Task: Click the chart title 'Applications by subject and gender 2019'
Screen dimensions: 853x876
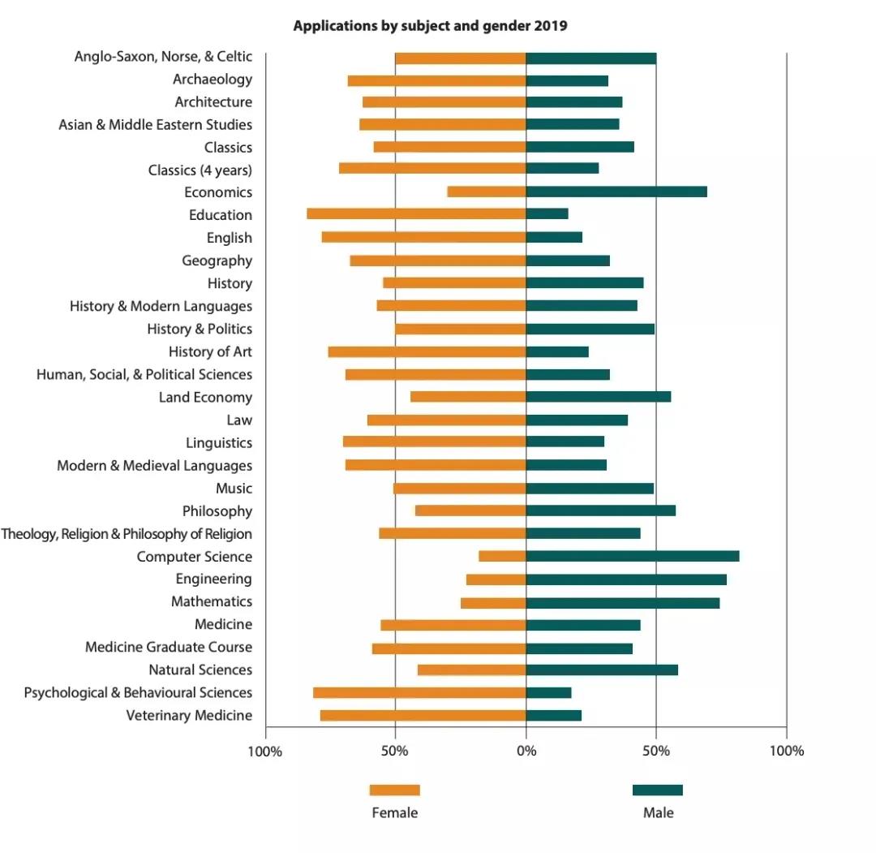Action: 430,26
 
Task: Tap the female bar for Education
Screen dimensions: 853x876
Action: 416,214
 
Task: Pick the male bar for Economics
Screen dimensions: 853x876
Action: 616,192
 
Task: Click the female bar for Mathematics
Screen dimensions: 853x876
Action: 493,602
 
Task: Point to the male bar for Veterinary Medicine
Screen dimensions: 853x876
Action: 554,715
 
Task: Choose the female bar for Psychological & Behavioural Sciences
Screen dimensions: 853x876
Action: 419,692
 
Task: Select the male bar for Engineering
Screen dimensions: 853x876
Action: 626,579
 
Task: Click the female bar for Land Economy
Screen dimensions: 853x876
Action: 468,397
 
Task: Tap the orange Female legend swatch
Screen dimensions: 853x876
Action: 395,791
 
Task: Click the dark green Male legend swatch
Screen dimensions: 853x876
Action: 658,791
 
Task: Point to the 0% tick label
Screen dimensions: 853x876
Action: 526,751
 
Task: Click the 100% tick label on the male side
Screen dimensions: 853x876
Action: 786,751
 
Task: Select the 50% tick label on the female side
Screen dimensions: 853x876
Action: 395,751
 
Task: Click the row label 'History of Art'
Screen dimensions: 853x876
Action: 210,351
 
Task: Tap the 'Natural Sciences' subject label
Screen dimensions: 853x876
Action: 200,670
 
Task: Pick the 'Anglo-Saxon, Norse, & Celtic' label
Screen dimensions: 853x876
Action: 163,57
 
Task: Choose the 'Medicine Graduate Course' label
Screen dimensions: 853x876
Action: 169,647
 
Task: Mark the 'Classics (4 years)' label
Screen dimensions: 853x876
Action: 200,170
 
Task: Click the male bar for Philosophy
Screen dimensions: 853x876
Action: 601,511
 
